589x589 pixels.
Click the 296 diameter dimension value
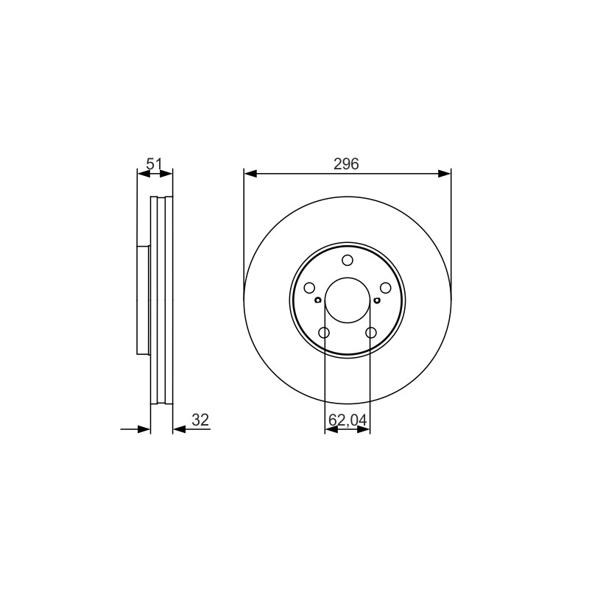[x=346, y=164]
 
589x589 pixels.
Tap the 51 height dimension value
[x=154, y=164]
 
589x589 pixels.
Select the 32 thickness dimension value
[x=200, y=420]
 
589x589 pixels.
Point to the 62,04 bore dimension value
[x=348, y=420]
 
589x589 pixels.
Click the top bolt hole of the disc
[x=348, y=260]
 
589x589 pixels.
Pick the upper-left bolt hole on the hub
[x=309, y=288]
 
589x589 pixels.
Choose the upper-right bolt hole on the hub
[x=386, y=288]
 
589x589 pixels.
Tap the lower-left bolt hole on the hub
[x=324, y=333]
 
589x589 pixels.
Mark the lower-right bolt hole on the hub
[x=371, y=333]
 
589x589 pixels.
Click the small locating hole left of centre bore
[x=317, y=300]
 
